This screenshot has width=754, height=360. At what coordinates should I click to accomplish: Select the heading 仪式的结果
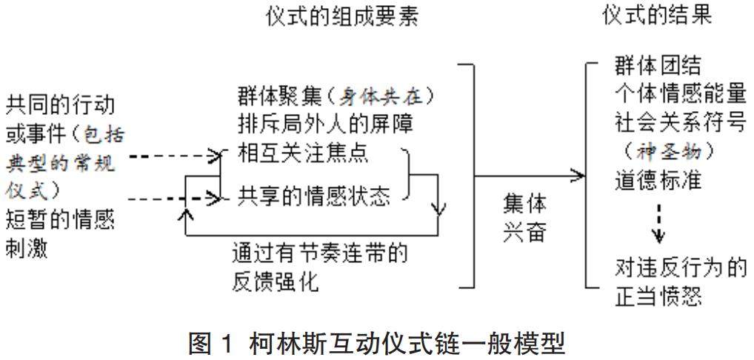pos(657,16)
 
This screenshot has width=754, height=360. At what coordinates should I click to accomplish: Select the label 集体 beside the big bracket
pos(523,204)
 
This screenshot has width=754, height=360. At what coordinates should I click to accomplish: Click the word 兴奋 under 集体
pos(523,231)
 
